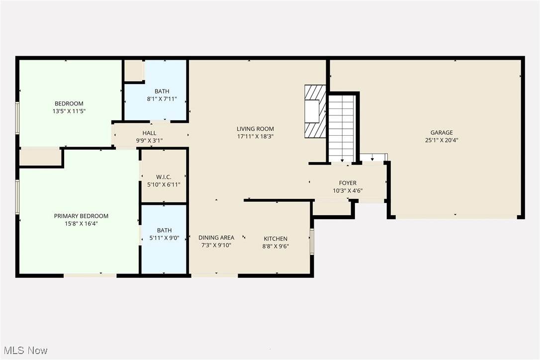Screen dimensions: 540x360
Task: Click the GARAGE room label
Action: coord(442,132)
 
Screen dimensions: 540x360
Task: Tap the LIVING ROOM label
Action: coord(255,129)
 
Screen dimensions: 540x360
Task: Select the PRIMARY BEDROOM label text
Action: coord(81,216)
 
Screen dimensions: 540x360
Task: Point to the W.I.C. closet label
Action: coord(164,177)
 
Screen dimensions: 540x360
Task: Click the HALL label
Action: coord(150,133)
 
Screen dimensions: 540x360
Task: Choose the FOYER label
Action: coord(348,183)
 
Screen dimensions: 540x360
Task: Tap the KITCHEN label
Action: coord(275,239)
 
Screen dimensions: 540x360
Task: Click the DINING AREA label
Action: coord(216,238)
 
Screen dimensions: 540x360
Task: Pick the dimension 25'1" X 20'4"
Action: coord(442,140)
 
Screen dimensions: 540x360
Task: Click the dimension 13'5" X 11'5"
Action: coord(69,111)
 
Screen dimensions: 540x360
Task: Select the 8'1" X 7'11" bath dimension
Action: coord(162,99)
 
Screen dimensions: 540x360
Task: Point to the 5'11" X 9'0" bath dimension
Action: coord(164,238)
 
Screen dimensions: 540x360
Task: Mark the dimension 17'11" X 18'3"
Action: coord(255,136)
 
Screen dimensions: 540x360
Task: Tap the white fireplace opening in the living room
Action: coord(312,111)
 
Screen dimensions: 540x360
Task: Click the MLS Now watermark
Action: coord(25,351)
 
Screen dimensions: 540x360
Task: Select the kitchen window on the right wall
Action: coord(312,242)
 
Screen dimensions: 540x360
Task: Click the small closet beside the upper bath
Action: coord(133,71)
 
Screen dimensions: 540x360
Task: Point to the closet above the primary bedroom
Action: coord(40,158)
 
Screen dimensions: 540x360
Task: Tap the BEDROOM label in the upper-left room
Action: coord(69,103)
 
